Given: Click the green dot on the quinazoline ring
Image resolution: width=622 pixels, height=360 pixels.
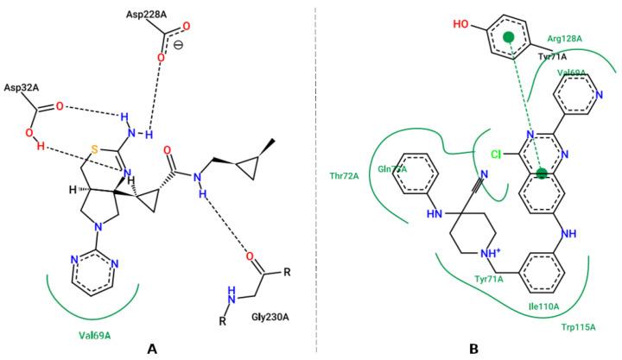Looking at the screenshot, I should click(x=542, y=174).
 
